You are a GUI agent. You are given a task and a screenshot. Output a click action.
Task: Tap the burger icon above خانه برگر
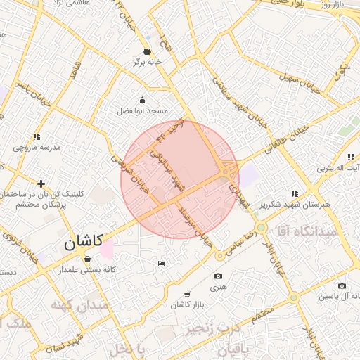click(147, 51)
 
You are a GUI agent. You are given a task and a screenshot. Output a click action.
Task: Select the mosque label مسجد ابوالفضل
click(143, 111)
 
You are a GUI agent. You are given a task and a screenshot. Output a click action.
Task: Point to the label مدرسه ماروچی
click(37, 148)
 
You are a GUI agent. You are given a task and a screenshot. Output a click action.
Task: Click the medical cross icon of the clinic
click(41, 184)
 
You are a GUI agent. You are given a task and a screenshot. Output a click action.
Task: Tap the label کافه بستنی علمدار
click(86, 270)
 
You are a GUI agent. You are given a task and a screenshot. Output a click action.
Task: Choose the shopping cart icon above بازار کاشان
click(186, 294)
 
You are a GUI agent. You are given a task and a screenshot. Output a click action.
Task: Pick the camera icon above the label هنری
click(218, 276)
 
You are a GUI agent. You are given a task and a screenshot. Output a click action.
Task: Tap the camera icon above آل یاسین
click(342, 286)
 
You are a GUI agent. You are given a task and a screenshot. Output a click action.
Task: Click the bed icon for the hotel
click(161, 263)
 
